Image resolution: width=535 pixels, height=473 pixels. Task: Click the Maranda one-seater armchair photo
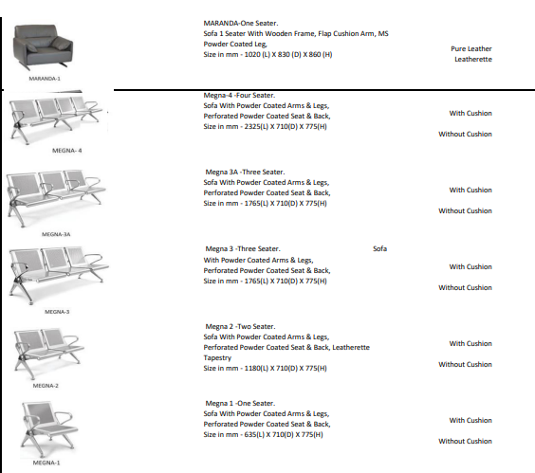coord(43,47)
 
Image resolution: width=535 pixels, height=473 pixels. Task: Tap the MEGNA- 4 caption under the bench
coord(66,151)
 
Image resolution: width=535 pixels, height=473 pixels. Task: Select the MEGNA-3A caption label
coord(56,234)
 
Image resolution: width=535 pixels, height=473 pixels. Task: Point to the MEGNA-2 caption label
coord(46,386)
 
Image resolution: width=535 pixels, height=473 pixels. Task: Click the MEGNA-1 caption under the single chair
coord(46,463)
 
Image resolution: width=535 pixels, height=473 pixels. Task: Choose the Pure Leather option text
coord(471,48)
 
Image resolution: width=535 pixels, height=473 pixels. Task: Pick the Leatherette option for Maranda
coord(473,60)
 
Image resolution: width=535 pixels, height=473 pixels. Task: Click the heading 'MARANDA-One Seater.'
coord(241,23)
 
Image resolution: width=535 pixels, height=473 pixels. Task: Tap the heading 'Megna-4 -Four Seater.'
coord(239,95)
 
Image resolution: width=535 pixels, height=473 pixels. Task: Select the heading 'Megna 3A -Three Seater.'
coord(245,172)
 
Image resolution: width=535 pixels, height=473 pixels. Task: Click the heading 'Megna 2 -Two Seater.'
coord(240,326)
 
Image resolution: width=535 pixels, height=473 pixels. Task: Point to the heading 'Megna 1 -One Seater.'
coord(240,403)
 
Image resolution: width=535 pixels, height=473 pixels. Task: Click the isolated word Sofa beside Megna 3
coord(379,248)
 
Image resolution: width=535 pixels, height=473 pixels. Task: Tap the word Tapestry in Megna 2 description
coord(217,357)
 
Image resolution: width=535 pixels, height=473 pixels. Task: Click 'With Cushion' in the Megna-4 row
coord(470,113)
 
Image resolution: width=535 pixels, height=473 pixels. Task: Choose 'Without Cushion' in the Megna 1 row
coord(465,441)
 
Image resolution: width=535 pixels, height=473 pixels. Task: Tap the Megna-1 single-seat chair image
coord(48,429)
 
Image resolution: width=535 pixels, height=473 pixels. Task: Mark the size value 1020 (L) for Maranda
coord(257,55)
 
